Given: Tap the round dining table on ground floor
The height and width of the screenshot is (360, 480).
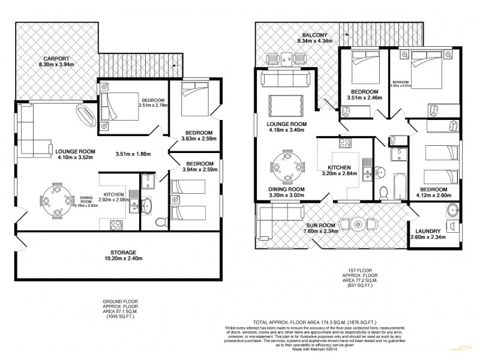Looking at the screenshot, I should tap(55, 199).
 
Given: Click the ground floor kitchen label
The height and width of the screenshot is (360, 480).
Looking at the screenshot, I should tap(113, 195).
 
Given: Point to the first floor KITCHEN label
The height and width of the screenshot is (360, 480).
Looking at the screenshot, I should tap(340, 170).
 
